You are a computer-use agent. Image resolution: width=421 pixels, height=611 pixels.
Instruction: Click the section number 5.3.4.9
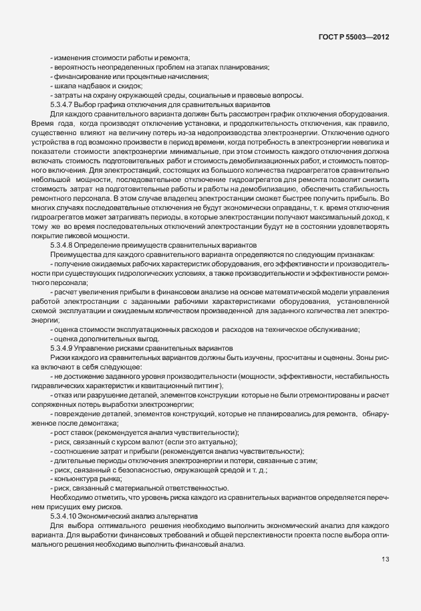point(65,349)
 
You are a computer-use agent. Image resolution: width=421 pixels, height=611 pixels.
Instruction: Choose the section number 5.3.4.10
point(66,517)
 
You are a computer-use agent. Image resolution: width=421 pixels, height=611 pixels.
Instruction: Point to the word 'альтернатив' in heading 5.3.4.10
point(176,517)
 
